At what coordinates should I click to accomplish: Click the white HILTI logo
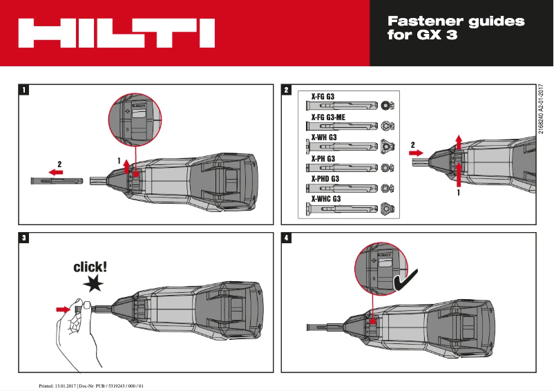(x=115, y=33)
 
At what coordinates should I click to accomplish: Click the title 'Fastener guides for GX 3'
(x=456, y=28)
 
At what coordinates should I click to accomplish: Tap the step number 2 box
(x=287, y=90)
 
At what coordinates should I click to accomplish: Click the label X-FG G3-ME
(x=332, y=117)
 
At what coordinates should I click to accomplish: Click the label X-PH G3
(x=323, y=158)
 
